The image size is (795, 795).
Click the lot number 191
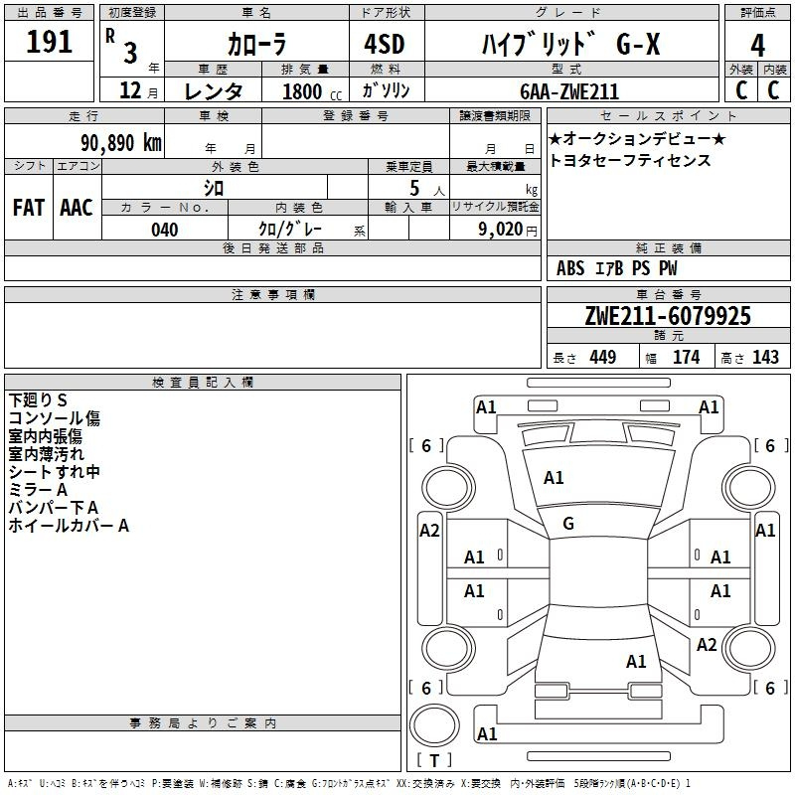click(x=50, y=43)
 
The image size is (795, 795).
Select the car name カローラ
click(x=255, y=45)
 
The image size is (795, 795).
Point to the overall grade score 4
click(x=757, y=46)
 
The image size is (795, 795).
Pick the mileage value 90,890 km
click(x=113, y=142)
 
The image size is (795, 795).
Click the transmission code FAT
click(x=28, y=207)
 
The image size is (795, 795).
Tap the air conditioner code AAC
click(x=77, y=207)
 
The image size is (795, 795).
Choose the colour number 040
click(x=164, y=230)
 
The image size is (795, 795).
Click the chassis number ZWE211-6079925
click(x=668, y=316)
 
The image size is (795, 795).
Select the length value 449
click(x=601, y=358)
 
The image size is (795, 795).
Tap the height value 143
click(x=765, y=358)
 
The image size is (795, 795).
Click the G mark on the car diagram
click(x=568, y=524)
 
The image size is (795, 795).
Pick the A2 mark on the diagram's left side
click(x=429, y=531)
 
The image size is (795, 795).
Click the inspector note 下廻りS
click(x=38, y=399)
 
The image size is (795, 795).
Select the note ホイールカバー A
click(x=69, y=525)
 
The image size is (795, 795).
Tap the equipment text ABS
click(x=571, y=268)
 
